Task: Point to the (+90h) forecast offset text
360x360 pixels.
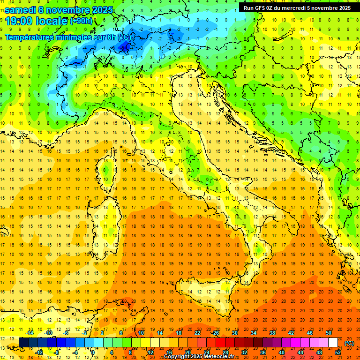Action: click(81, 21)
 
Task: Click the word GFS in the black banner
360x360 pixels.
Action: click(261, 7)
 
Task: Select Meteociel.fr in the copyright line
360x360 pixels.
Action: click(219, 357)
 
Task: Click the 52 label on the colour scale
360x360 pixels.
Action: click(338, 352)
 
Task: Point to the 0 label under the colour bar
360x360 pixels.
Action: click(92, 352)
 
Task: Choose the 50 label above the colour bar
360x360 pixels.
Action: click(329, 333)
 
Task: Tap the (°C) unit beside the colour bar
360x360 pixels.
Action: click(349, 343)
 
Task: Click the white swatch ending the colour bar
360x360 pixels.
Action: click(333, 342)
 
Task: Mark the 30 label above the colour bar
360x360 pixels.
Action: click(234, 333)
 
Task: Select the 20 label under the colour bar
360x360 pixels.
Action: click(188, 352)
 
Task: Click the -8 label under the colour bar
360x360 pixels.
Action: click(56, 352)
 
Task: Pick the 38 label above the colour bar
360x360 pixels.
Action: click(272, 333)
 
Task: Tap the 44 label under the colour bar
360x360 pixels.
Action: click(300, 352)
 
